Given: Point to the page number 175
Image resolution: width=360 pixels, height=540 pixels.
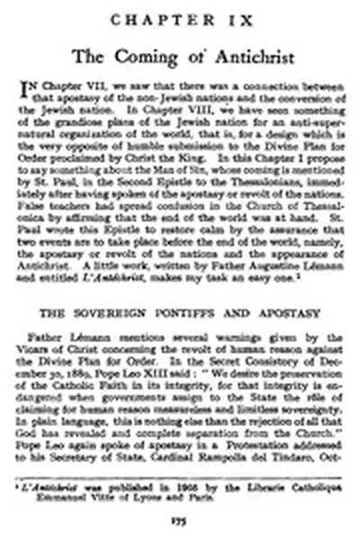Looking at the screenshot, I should [180, 520].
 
